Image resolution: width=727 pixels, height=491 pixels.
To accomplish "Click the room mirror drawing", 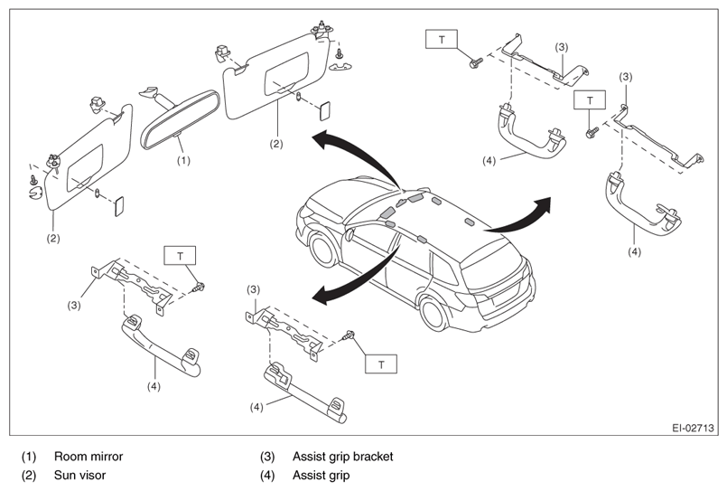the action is [x=179, y=118].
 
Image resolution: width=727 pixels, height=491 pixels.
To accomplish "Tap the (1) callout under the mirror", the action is [x=183, y=161].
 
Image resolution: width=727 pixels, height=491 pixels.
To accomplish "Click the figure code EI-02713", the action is [x=693, y=428].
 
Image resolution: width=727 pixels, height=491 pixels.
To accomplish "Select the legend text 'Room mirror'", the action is [x=89, y=457].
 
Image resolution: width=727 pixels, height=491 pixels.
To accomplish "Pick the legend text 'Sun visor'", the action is [x=79, y=476].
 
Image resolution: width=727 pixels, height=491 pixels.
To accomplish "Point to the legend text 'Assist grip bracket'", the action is [x=342, y=457].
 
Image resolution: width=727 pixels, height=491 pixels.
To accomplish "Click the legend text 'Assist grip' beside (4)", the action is [x=321, y=476].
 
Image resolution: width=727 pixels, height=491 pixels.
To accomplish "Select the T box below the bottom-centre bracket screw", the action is [x=381, y=364].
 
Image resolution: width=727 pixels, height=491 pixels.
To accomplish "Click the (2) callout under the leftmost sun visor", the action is [x=53, y=239].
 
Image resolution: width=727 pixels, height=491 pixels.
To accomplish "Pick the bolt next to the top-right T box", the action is [x=476, y=62].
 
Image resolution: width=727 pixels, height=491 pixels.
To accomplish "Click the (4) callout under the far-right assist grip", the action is [x=634, y=251].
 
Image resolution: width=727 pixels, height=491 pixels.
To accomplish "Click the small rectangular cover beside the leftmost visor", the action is [x=119, y=206].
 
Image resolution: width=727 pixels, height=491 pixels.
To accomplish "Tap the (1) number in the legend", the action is [x=29, y=457].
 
